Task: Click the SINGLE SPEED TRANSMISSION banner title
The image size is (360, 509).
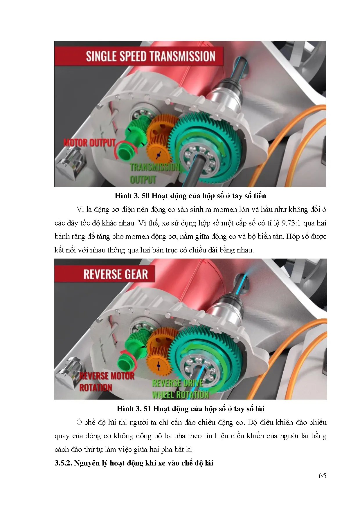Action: [x=150, y=56]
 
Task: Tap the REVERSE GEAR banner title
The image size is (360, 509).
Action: [x=116, y=274]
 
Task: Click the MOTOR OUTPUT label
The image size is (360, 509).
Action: [x=89, y=143]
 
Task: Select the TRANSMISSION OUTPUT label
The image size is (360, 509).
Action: [x=154, y=173]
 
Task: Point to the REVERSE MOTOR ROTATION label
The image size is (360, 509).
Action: [x=106, y=382]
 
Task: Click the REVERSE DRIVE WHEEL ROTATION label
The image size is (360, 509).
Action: [x=180, y=389]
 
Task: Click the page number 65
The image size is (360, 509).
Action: [x=322, y=476]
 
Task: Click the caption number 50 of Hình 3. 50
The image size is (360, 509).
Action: [x=145, y=196]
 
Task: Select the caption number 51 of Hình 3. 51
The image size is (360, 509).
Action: [x=147, y=409]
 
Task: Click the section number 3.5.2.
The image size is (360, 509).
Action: [x=63, y=463]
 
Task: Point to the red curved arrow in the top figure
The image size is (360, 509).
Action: [x=122, y=149]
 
